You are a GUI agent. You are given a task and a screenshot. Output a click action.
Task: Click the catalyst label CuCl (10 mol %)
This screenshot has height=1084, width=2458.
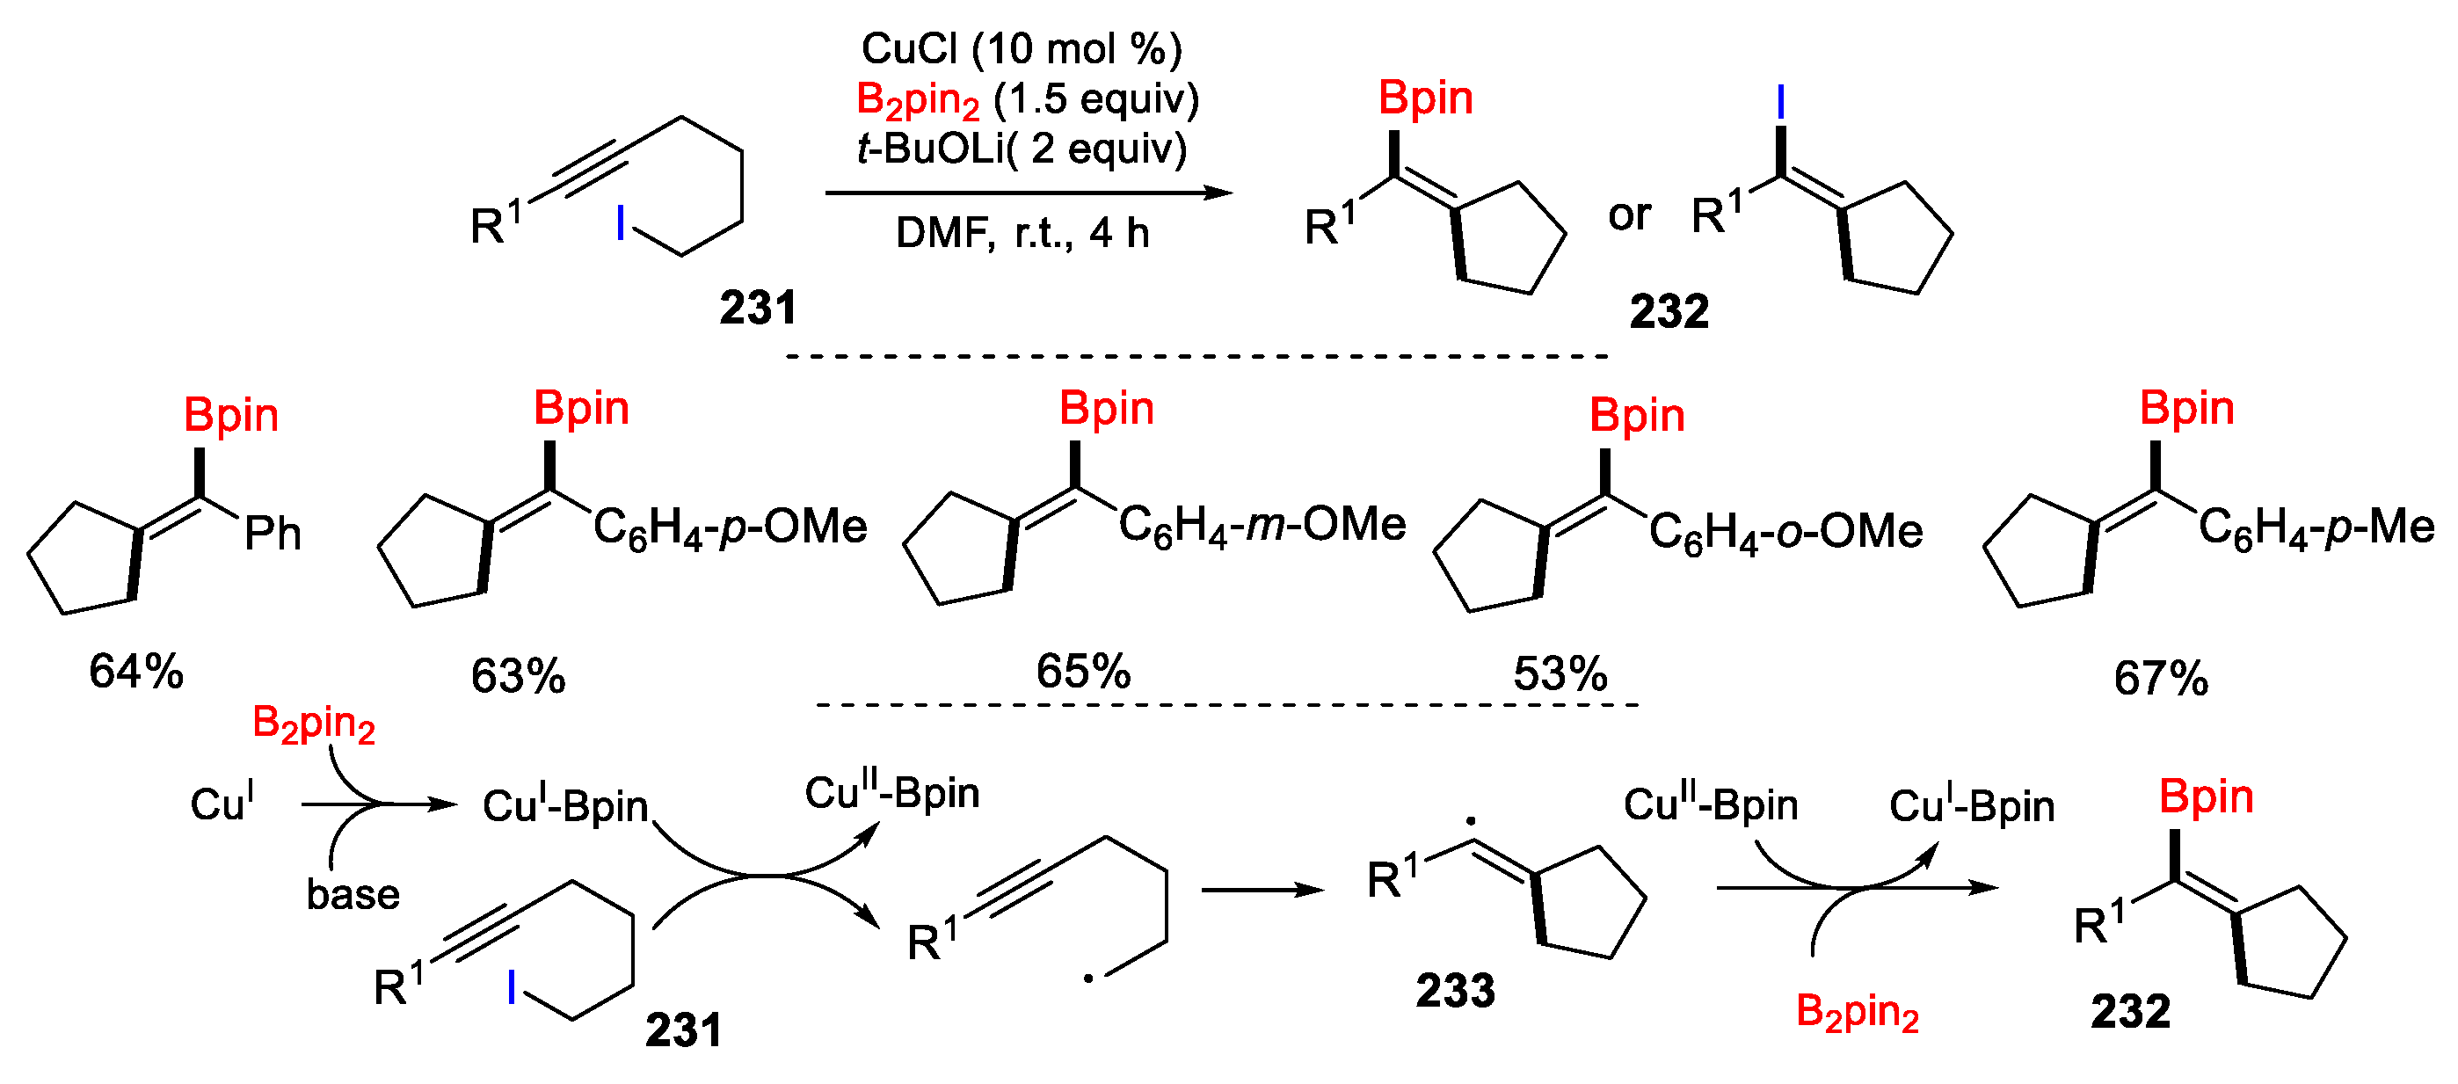pos(1021,48)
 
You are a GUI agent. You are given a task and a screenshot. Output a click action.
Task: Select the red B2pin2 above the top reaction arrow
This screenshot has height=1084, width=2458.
pos(918,100)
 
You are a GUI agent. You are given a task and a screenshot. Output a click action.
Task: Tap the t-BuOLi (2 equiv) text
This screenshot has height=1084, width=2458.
pos(1021,149)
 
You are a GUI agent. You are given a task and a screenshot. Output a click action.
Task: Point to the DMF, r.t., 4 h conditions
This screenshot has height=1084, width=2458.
pos(1022,233)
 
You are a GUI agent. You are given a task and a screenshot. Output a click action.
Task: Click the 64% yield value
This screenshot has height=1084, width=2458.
pos(136,672)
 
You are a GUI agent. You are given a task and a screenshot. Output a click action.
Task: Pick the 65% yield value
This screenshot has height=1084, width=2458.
pos(1083,672)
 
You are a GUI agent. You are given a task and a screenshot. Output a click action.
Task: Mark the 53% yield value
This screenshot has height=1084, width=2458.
pos(1560,673)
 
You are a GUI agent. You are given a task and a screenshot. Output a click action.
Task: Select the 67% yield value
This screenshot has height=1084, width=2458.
pos(2160,679)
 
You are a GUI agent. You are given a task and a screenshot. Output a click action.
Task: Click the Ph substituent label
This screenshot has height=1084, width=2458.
pos(273,534)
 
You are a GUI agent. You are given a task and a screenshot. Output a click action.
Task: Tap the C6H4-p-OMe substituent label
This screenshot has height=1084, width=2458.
pos(730,527)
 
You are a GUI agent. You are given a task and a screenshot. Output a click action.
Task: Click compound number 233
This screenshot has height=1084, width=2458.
pos(1455,991)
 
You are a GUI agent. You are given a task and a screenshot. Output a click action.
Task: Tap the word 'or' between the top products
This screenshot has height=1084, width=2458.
pos(1629,215)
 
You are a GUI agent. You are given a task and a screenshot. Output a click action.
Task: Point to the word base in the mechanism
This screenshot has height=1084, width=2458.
pos(353,894)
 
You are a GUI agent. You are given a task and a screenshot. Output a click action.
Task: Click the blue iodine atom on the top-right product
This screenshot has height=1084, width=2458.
pos(1779,102)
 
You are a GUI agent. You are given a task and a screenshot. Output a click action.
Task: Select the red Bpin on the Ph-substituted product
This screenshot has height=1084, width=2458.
pos(231,415)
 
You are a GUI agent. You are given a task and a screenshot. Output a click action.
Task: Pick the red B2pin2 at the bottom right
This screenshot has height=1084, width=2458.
pos(1857,1013)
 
